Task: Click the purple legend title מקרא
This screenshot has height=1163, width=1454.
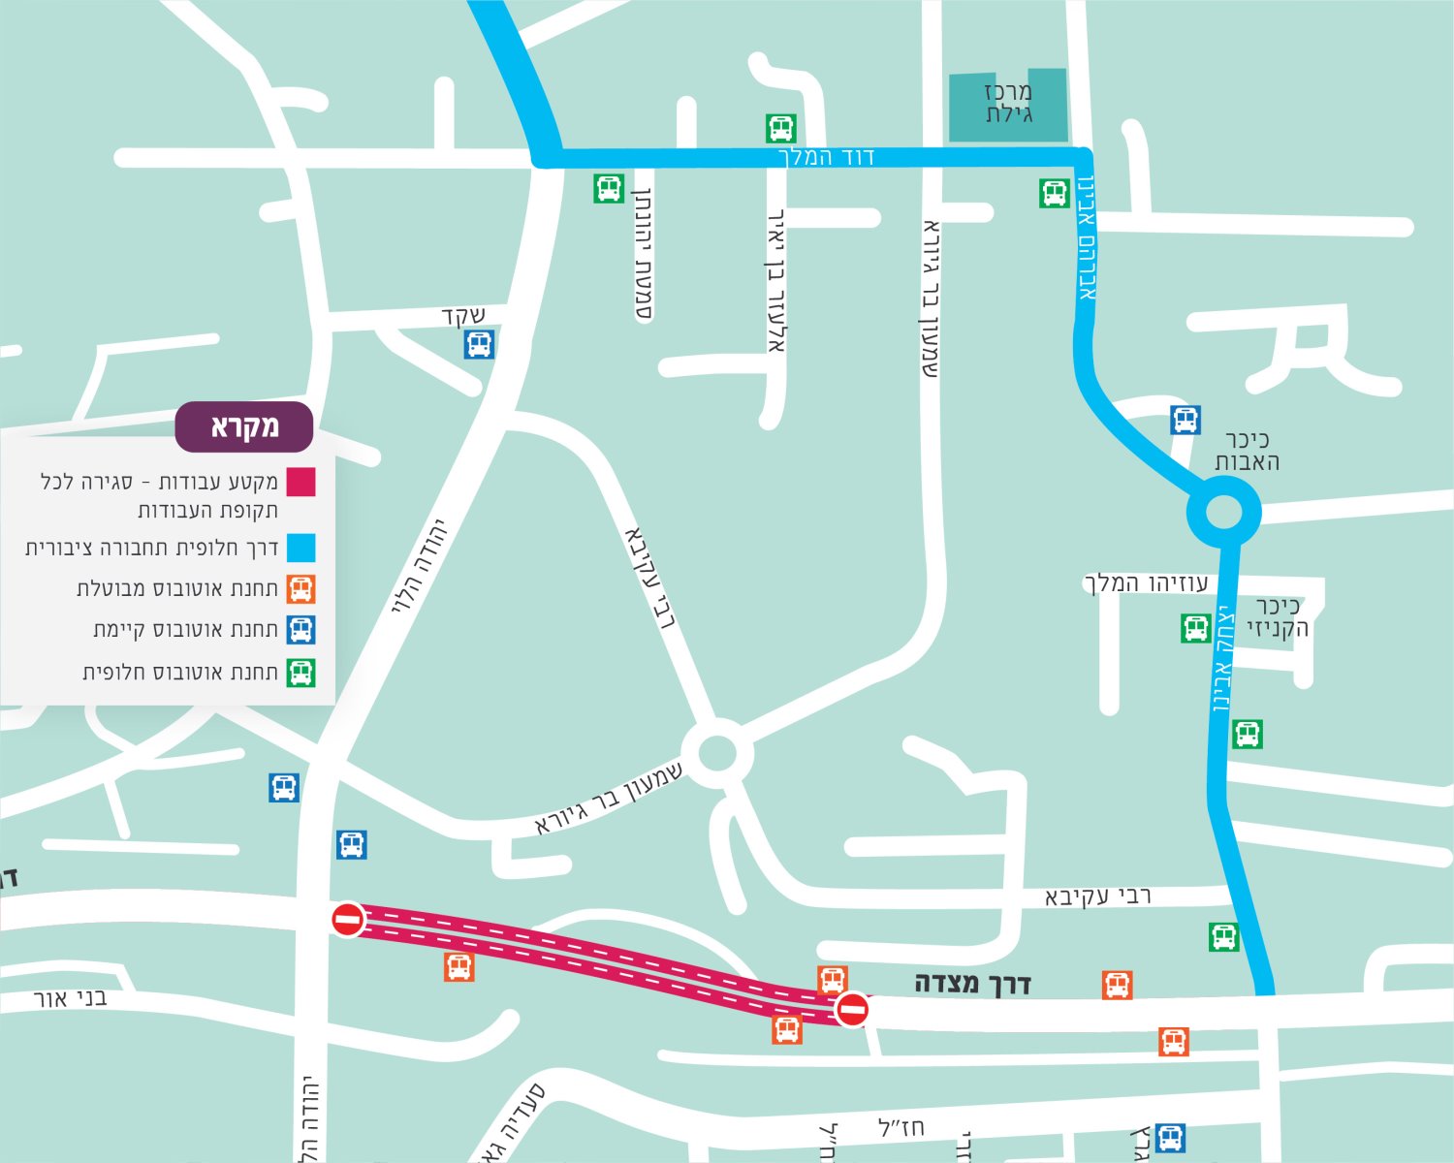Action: click(244, 427)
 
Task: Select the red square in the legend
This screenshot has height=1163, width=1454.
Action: click(301, 482)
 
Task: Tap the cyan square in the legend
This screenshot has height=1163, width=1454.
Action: click(301, 549)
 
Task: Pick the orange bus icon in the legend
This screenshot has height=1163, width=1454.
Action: click(301, 589)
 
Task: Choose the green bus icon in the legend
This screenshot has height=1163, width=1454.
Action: click(301, 672)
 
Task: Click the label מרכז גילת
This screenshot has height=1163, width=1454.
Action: click(1008, 103)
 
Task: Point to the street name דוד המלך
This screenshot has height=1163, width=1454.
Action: click(826, 157)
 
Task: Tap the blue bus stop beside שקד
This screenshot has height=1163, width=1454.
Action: click(479, 344)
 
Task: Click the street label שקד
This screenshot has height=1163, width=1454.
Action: click(462, 316)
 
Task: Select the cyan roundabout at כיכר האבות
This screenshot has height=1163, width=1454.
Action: click(1223, 512)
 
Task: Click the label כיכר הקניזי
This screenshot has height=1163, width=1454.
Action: click(1278, 617)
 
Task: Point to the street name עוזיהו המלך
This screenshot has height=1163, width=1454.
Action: click(1146, 583)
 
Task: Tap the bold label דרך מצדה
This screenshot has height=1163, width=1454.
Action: click(972, 984)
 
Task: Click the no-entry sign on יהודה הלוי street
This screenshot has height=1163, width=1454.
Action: click(348, 919)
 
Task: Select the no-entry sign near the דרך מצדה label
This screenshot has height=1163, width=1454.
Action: click(853, 1010)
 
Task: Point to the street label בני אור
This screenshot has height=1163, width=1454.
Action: click(70, 997)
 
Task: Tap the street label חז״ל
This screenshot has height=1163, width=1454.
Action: click(901, 1127)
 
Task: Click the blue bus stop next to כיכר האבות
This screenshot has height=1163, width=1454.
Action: click(1185, 420)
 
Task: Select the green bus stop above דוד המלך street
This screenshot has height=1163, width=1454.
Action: click(781, 128)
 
